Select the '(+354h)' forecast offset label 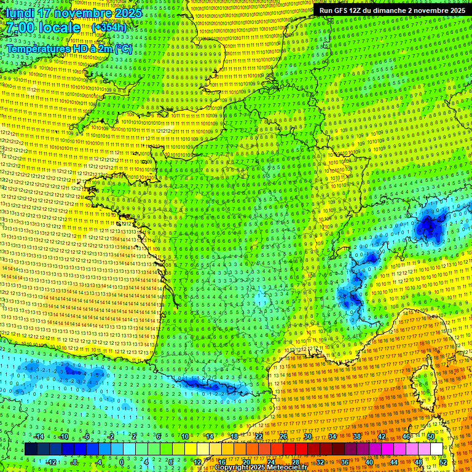(x=109, y=27)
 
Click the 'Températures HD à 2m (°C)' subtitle (x=69, y=49)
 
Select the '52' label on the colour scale (x=443, y=462)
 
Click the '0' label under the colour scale (x=122, y=462)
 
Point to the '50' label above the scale (x=431, y=436)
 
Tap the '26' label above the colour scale (x=283, y=436)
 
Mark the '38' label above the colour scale (x=357, y=436)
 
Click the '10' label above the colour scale (x=184, y=436)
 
